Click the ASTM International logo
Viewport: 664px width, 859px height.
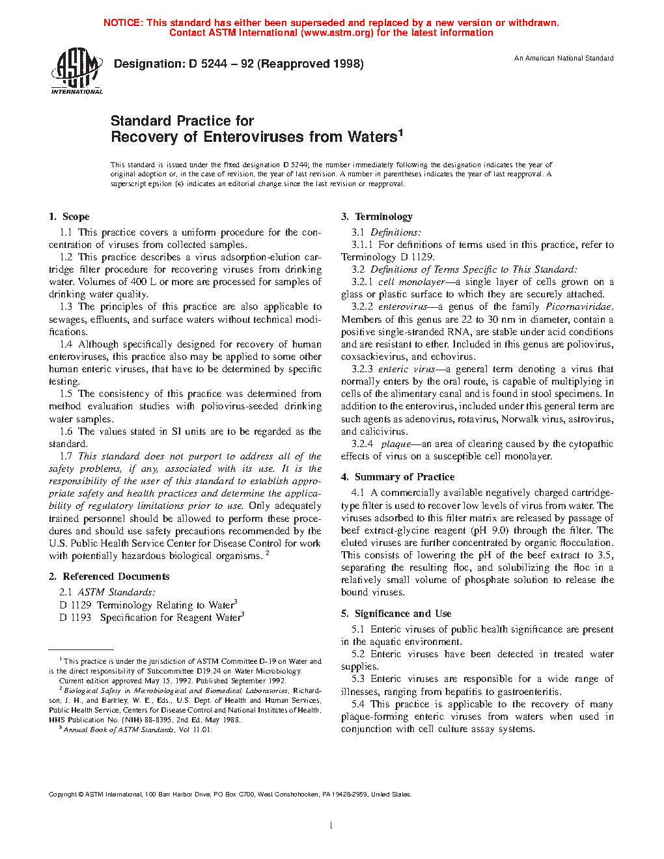point(76,71)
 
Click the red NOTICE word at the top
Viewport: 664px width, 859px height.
point(122,23)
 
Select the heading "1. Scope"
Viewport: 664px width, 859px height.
point(69,217)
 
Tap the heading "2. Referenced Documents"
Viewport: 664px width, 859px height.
point(109,577)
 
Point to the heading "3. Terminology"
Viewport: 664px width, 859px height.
point(377,217)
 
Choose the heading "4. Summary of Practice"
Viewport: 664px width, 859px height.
point(398,477)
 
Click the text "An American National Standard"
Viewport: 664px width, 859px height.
point(564,59)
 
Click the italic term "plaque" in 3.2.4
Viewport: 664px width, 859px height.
point(396,444)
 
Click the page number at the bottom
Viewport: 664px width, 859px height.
point(331,826)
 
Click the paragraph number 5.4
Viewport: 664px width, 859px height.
point(358,704)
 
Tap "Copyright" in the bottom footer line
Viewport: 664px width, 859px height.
point(63,795)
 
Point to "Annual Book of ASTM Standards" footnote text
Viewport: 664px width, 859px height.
point(118,730)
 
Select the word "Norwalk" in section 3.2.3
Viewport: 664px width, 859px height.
point(519,419)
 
